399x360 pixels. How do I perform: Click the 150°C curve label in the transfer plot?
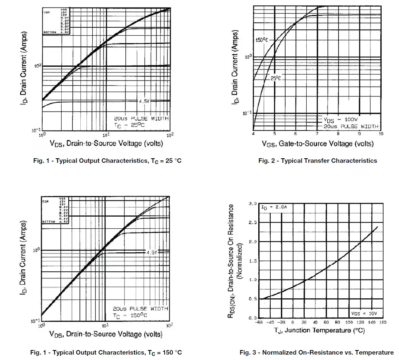click(262, 40)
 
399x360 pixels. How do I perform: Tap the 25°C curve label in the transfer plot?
click(276, 78)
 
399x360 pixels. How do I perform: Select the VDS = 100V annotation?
click(341, 119)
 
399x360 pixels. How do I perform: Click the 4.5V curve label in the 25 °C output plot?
click(144, 101)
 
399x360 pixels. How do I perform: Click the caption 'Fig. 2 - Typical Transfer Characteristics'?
click(317, 161)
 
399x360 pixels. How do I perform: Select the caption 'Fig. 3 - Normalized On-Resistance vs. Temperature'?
click(317, 353)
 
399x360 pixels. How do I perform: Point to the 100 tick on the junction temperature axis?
click(349, 322)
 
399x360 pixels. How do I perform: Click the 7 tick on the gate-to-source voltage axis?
click(316, 134)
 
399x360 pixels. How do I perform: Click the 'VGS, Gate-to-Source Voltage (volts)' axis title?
click(317, 143)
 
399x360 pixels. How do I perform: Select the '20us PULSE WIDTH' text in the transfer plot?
click(351, 126)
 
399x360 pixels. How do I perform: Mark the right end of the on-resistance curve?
click(377, 227)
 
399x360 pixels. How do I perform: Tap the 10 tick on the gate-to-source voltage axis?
click(380, 134)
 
